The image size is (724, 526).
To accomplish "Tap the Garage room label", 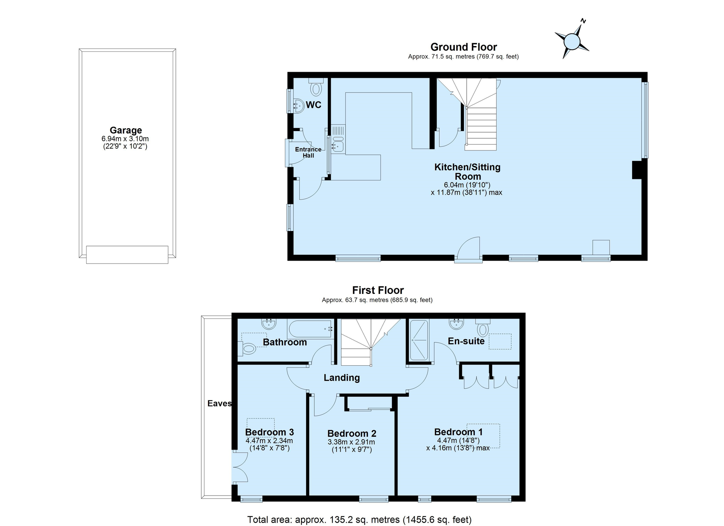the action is coord(125,130).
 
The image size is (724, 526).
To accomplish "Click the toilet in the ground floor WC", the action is coord(316,87).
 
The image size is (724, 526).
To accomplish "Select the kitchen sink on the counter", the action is coord(338,146).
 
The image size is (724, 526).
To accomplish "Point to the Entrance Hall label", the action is coord(308,152).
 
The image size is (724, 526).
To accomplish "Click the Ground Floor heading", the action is coord(464,47).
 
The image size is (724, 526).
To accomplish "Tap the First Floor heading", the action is coord(378,290).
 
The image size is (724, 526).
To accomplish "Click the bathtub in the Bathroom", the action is coord(310,329).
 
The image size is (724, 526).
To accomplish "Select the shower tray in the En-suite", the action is coord(419,340).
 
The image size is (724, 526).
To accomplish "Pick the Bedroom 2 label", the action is coord(352,434).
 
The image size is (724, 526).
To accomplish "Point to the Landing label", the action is coord(342,378).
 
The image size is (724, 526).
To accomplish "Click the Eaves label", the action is coord(220,404).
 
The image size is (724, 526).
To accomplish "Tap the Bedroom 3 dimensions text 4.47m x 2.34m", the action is coord(269,441).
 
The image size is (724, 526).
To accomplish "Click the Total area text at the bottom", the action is coord(359,519).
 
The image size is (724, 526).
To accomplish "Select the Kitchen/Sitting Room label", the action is coord(467,172).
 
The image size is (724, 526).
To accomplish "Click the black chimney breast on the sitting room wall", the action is coord(637,170).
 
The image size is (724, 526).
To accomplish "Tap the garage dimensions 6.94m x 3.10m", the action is coord(125,139).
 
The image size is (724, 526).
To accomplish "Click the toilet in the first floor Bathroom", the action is coord(247,349).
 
